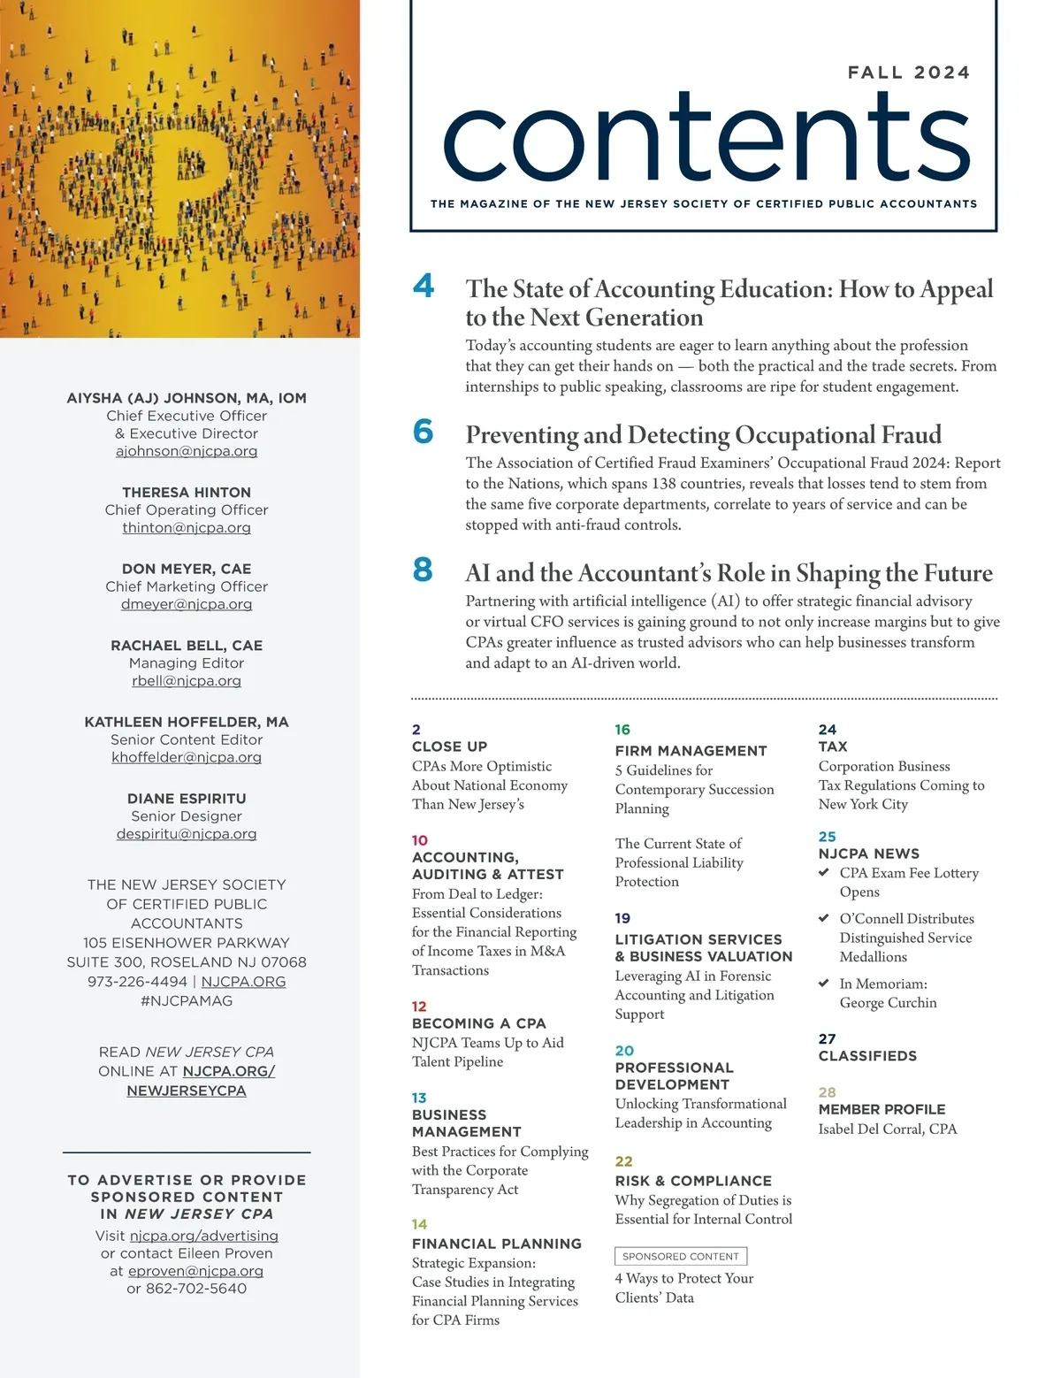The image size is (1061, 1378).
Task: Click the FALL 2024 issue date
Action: [908, 73]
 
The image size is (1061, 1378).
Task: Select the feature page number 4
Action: [424, 286]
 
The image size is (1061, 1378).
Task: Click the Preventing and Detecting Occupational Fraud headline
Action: [703, 435]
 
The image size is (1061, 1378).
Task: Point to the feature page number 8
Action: [423, 570]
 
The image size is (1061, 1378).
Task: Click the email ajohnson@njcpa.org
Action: [187, 451]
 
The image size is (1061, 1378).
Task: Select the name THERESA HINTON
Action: [187, 492]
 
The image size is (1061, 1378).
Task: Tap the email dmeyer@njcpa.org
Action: [187, 604]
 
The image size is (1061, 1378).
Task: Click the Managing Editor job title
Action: [187, 662]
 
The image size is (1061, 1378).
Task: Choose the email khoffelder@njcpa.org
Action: [187, 757]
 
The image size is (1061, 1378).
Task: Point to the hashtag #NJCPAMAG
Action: [187, 1000]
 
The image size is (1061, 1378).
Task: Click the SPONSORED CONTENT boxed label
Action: [680, 1256]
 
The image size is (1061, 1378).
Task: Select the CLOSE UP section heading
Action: [449, 746]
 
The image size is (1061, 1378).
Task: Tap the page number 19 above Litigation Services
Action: [622, 918]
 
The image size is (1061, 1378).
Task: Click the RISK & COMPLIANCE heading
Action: [693, 1181]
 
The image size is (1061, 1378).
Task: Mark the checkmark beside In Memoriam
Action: [824, 983]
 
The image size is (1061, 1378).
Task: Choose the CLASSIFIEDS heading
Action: [867, 1056]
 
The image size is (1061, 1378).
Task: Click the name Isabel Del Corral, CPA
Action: [888, 1129]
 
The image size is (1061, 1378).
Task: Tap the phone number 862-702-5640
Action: [196, 1289]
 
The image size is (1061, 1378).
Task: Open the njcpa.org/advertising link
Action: [203, 1236]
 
